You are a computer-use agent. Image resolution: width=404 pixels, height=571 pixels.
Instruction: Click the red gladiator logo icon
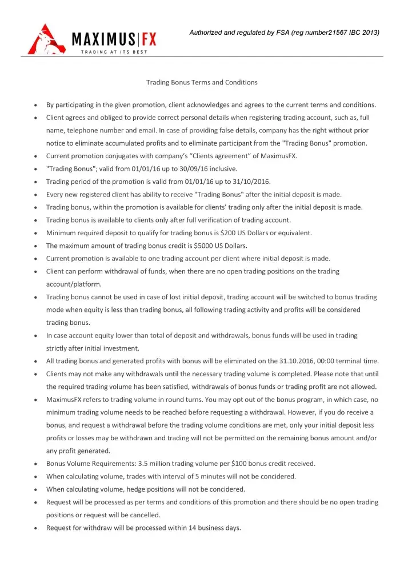(x=45, y=39)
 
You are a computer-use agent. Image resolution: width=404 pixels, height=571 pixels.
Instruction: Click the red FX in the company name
(x=147, y=39)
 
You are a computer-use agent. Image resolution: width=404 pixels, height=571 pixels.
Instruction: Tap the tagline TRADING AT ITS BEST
(x=114, y=52)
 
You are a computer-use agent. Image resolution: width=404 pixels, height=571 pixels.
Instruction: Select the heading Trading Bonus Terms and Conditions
(x=202, y=82)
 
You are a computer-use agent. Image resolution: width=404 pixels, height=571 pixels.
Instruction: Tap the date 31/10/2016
(x=253, y=182)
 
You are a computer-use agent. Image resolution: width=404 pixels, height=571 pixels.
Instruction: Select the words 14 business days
(x=216, y=528)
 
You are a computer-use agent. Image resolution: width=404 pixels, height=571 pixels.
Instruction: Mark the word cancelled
(x=142, y=515)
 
